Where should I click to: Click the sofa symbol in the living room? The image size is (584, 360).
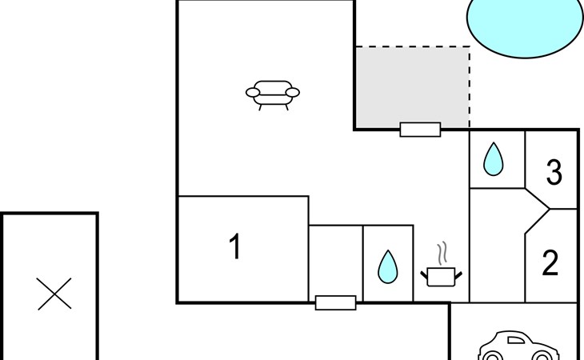tap(272, 94)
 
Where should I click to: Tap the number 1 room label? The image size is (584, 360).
tap(234, 247)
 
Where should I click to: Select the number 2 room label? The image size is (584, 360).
tap(550, 263)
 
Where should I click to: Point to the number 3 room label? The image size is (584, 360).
tap(554, 172)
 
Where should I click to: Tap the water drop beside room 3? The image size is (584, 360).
tap(493, 159)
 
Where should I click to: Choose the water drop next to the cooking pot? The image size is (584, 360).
tap(387, 266)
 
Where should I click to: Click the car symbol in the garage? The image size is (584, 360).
tap(518, 346)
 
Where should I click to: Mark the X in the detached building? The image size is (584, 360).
tap(55, 294)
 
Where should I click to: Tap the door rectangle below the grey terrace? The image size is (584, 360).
tap(420, 130)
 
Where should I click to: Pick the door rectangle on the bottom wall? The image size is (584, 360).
tap(335, 302)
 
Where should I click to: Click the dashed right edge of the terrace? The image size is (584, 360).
tap(470, 88)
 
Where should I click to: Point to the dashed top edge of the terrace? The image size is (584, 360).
tap(412, 46)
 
